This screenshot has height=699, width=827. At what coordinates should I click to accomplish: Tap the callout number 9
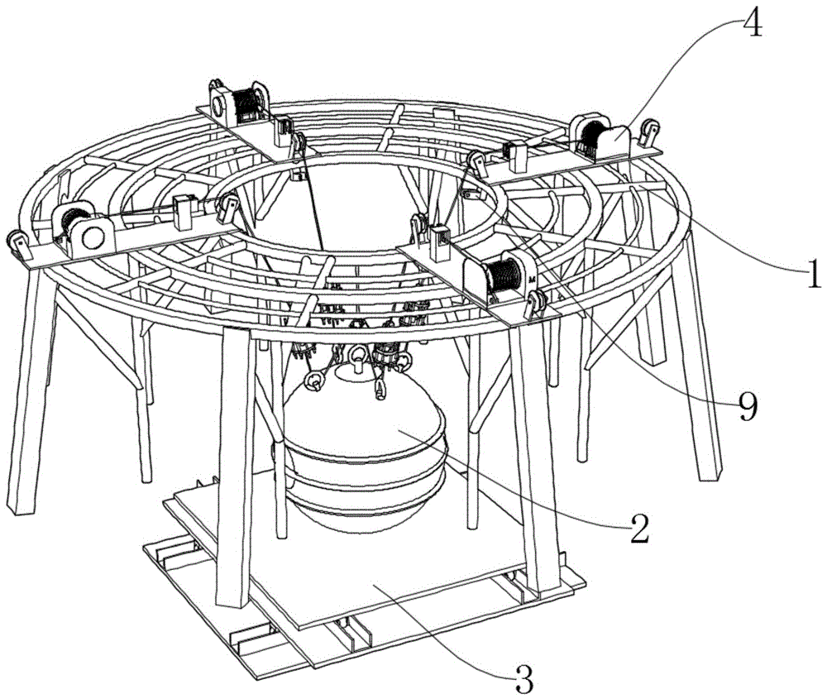(748, 407)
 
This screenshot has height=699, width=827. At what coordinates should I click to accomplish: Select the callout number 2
(637, 529)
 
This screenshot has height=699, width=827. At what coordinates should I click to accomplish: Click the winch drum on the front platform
(502, 273)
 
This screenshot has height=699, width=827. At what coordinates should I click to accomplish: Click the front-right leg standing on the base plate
(529, 463)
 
